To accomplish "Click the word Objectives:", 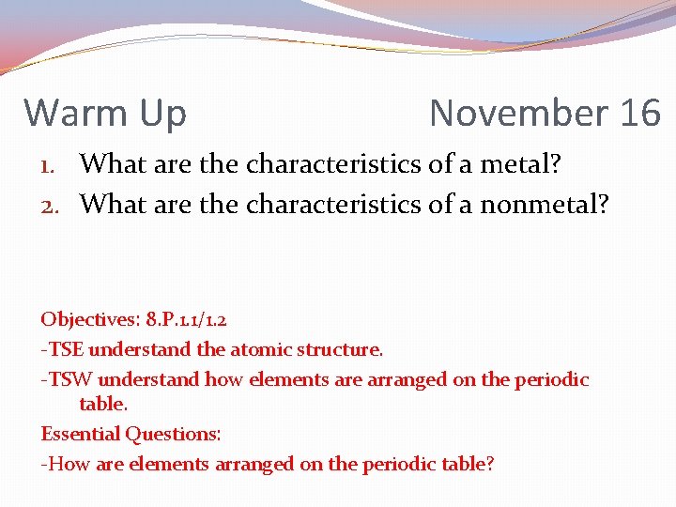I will pyautogui.click(x=89, y=320).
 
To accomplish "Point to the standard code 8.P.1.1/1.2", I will pyautogui.click(x=185, y=320).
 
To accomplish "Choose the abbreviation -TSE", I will pyautogui.click(x=62, y=349).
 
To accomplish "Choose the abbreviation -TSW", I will pyautogui.click(x=67, y=379).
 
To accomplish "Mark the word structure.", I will pyautogui.click(x=340, y=349).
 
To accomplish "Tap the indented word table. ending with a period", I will pyautogui.click(x=103, y=404).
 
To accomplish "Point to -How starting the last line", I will pyautogui.click(x=65, y=463).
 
